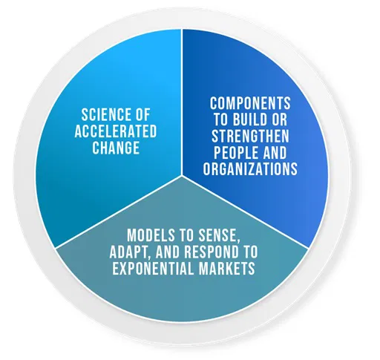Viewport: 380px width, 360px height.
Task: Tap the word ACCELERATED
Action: [x=116, y=131]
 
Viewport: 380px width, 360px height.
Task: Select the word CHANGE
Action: [x=116, y=148]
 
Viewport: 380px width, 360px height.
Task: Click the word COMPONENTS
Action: [x=250, y=103]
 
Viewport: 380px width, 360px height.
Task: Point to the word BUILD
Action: [x=250, y=120]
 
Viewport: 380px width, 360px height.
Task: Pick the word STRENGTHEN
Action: [x=250, y=136]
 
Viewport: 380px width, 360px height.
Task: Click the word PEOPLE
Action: [x=233, y=153]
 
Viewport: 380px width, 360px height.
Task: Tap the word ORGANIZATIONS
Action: [x=250, y=169]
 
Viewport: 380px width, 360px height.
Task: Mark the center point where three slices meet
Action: [x=182, y=176]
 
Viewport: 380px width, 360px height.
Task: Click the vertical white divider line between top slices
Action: [x=182, y=102]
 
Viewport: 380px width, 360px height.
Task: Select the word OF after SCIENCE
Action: [x=143, y=115]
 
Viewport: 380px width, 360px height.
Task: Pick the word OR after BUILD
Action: [x=280, y=120]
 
